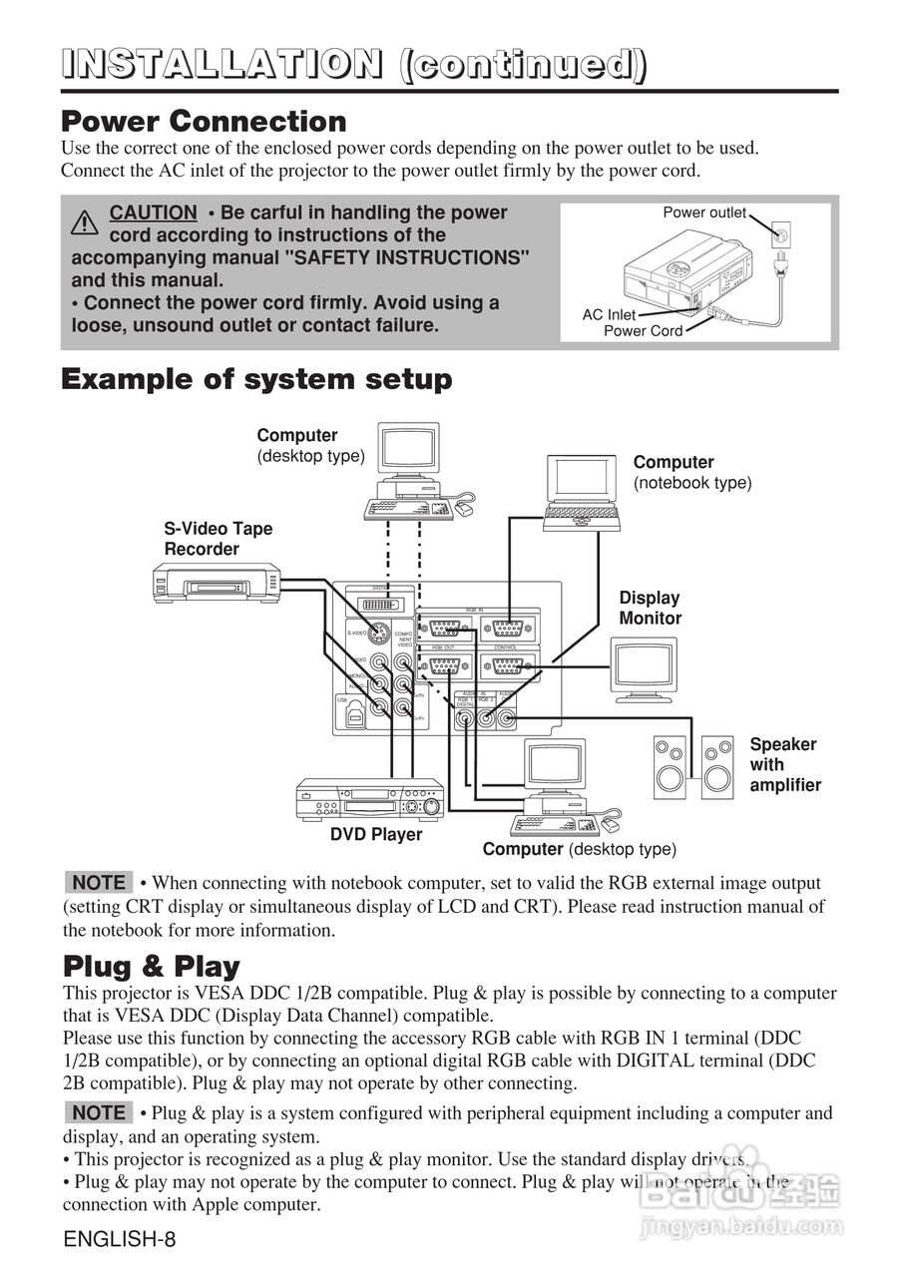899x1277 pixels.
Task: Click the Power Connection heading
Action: [204, 122]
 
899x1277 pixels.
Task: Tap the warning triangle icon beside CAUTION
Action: [85, 221]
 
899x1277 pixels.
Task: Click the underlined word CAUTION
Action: [153, 213]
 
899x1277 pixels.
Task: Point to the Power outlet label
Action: [704, 213]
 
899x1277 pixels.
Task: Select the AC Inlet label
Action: [609, 315]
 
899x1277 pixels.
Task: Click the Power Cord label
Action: [643, 331]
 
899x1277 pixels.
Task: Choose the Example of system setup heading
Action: [256, 379]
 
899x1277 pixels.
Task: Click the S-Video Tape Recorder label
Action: [218, 539]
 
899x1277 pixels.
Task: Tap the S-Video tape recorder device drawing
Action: [216, 582]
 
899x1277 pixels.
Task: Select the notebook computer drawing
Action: [584, 492]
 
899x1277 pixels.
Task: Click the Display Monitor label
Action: [650, 608]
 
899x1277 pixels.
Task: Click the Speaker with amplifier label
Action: [785, 764]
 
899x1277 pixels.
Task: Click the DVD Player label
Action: [376, 834]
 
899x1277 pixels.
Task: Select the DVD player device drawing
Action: [370, 798]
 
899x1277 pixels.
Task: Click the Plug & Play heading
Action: [152, 967]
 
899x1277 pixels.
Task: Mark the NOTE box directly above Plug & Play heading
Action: [99, 883]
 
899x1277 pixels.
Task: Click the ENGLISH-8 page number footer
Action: [119, 1240]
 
